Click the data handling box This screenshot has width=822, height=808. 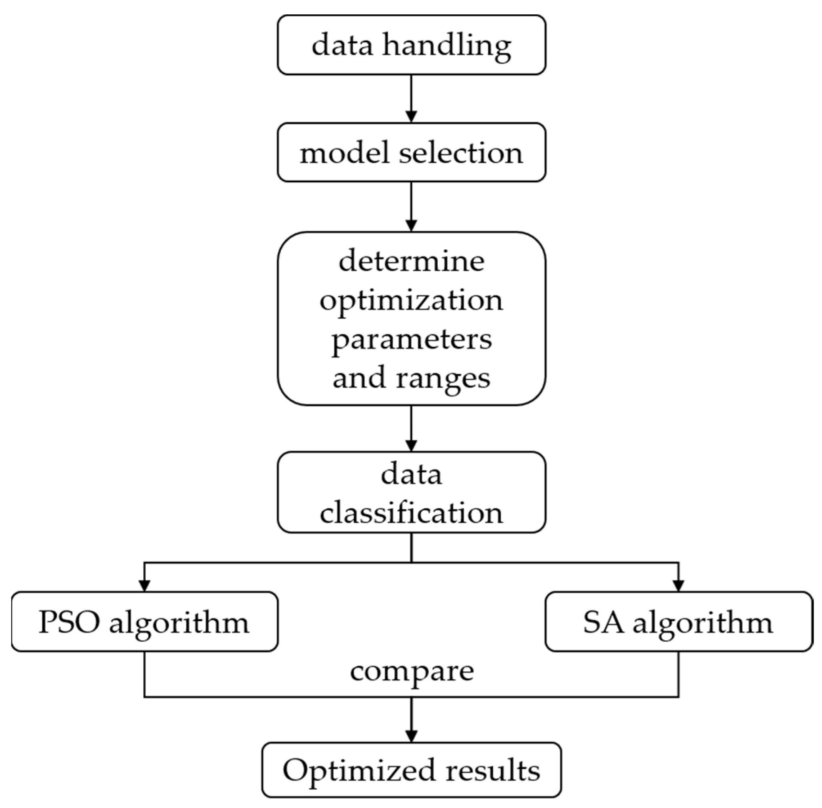pos(411,45)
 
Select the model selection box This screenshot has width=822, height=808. pos(411,152)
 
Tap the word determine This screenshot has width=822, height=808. pos(411,261)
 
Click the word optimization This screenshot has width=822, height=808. pos(411,301)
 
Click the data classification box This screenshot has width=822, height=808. pos(411,492)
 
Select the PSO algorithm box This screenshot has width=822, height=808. pos(144,622)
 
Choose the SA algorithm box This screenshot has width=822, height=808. pos(678,622)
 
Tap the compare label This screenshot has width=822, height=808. pos(411,672)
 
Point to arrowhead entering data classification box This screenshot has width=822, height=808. pos(411,445)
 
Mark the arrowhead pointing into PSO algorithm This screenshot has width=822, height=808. pos(144,585)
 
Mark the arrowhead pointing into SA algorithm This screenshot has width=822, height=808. pos(678,585)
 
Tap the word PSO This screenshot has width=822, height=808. pos(69,622)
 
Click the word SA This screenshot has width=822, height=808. pos(603,622)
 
